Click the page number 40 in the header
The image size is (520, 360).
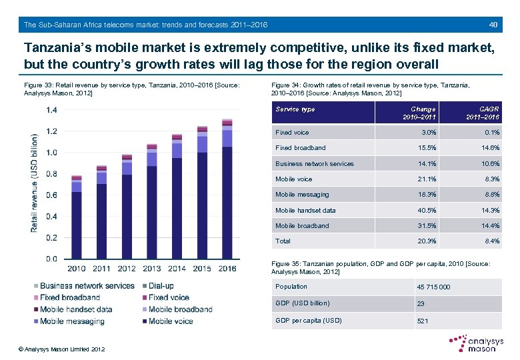[x=493, y=25]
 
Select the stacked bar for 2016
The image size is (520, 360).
[x=227, y=189]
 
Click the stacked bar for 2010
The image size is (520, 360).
[x=77, y=217]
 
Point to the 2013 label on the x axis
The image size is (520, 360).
[x=151, y=269]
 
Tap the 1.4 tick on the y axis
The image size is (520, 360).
[x=51, y=110]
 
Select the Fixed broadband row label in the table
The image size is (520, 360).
[x=301, y=147]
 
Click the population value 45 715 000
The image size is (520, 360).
[x=433, y=287]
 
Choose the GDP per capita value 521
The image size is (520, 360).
[x=423, y=321]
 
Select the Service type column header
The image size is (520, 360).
[x=295, y=109]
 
